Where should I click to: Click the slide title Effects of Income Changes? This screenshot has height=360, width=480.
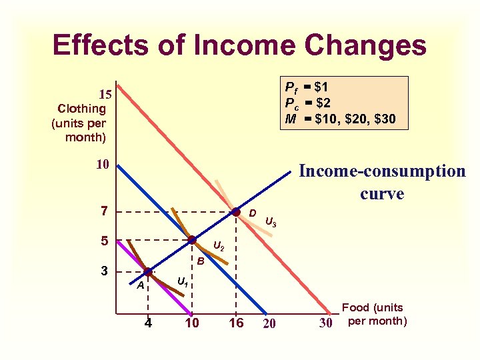point(239,45)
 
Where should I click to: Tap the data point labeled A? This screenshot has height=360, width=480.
point(148,272)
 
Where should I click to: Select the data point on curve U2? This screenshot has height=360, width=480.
point(192,240)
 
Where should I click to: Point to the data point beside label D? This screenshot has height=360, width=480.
point(236,212)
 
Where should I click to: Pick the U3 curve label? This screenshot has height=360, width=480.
point(271,221)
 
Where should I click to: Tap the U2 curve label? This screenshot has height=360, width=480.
point(218,248)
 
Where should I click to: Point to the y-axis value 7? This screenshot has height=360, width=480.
point(103,211)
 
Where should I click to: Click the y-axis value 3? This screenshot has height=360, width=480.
point(103,271)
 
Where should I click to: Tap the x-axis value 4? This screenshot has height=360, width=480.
point(147,324)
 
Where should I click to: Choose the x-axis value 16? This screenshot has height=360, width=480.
point(235,324)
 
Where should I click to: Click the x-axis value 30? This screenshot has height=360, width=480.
point(326,324)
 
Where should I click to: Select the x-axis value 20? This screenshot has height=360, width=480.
point(269,325)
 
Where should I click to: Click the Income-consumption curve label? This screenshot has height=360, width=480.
point(382,182)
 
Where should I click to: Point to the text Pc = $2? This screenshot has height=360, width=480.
point(308,103)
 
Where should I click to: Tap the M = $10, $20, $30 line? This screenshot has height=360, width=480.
point(340,119)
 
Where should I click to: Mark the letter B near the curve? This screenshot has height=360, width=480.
point(200,261)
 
